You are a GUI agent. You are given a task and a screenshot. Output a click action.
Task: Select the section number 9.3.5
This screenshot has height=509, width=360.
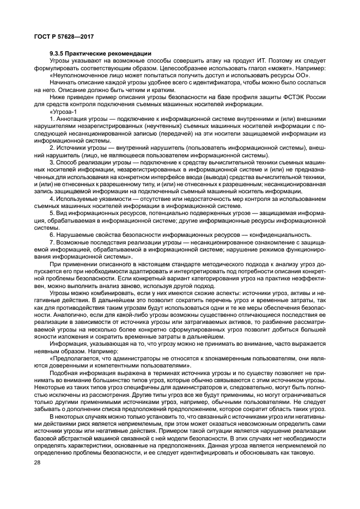click(x=58, y=53)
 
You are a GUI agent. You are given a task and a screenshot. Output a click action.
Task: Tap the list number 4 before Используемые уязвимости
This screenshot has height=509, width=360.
click(x=51, y=198)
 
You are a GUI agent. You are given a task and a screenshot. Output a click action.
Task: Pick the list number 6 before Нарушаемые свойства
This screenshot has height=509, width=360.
click(x=51, y=234)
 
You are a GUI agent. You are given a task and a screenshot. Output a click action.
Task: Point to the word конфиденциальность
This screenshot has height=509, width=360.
click(x=277, y=234)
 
